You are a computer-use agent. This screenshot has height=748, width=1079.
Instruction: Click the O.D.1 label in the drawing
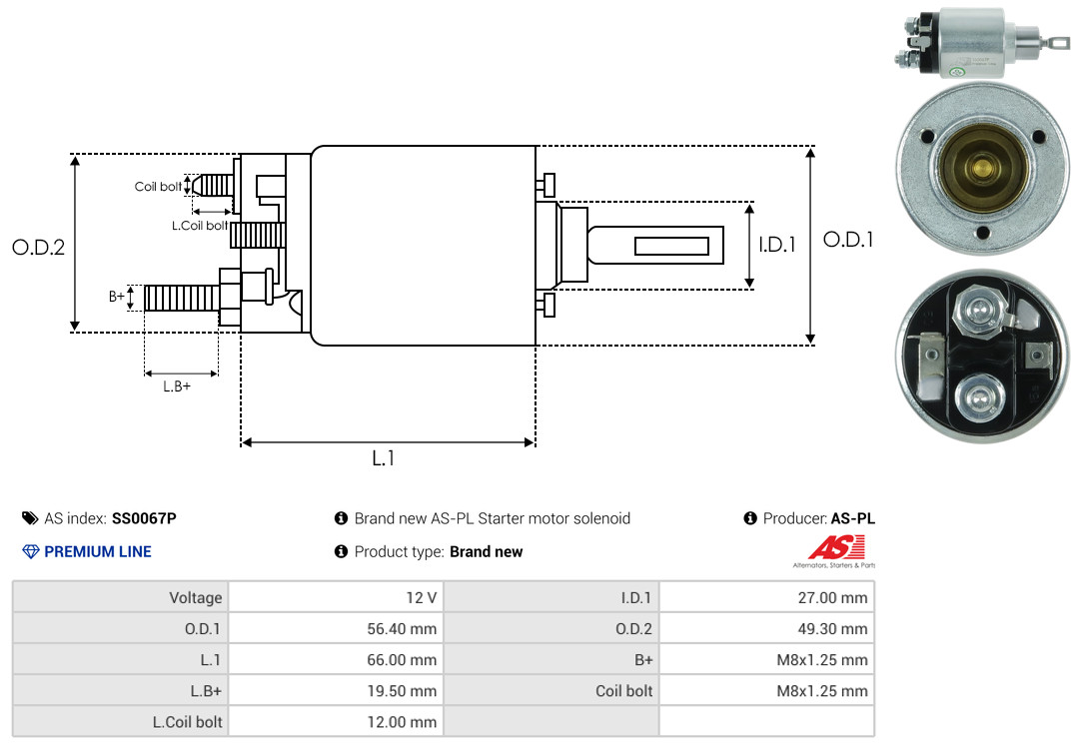[848, 240]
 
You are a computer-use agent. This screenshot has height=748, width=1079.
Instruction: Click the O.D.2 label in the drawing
[38, 247]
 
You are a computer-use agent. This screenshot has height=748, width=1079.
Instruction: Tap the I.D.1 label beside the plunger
[776, 244]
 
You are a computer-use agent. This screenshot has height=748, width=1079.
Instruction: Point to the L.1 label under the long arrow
[384, 458]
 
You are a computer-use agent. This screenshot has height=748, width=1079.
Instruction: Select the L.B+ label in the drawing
[177, 386]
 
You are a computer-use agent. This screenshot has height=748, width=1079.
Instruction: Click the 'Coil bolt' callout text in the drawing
[158, 187]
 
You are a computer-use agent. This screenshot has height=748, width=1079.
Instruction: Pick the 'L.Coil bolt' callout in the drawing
[199, 226]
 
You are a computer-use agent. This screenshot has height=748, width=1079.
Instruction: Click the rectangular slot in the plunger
[672, 246]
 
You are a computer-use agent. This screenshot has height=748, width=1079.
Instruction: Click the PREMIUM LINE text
[98, 551]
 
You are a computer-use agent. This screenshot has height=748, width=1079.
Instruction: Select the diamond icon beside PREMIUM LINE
[30, 551]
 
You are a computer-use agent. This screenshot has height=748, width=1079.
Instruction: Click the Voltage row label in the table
[195, 598]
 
